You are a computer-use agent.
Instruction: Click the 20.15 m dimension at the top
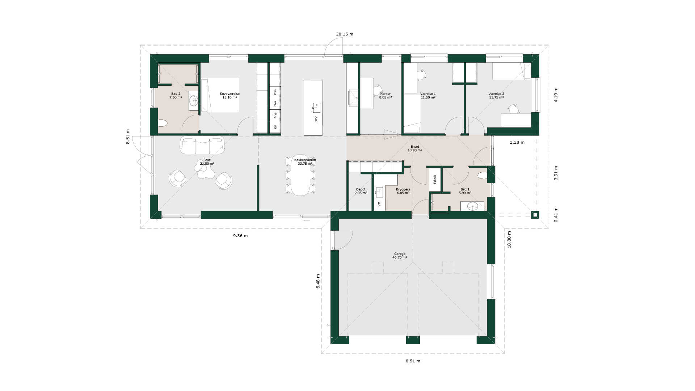point(344,34)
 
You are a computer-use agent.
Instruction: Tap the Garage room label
point(400,254)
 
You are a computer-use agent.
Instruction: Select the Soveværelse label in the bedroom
point(229,94)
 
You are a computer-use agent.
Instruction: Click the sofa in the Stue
point(202,146)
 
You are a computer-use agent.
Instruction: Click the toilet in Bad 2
point(162,123)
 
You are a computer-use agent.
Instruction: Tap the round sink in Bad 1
point(472,206)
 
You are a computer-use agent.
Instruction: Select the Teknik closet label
point(435,179)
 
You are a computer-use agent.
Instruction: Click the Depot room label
point(361,189)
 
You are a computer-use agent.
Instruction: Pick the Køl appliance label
point(275,127)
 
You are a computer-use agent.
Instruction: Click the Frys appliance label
point(275,115)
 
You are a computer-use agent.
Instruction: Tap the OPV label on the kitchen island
point(316,119)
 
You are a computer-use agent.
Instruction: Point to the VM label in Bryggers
point(379,204)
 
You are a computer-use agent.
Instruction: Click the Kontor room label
point(385,94)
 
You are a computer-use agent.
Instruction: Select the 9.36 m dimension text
point(240,236)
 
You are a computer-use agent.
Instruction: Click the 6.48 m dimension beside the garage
point(318,281)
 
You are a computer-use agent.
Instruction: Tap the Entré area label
point(415,147)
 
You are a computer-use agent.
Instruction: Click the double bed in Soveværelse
point(220,95)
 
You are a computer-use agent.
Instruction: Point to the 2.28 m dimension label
point(517,142)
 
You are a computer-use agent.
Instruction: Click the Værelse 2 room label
point(496,94)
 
